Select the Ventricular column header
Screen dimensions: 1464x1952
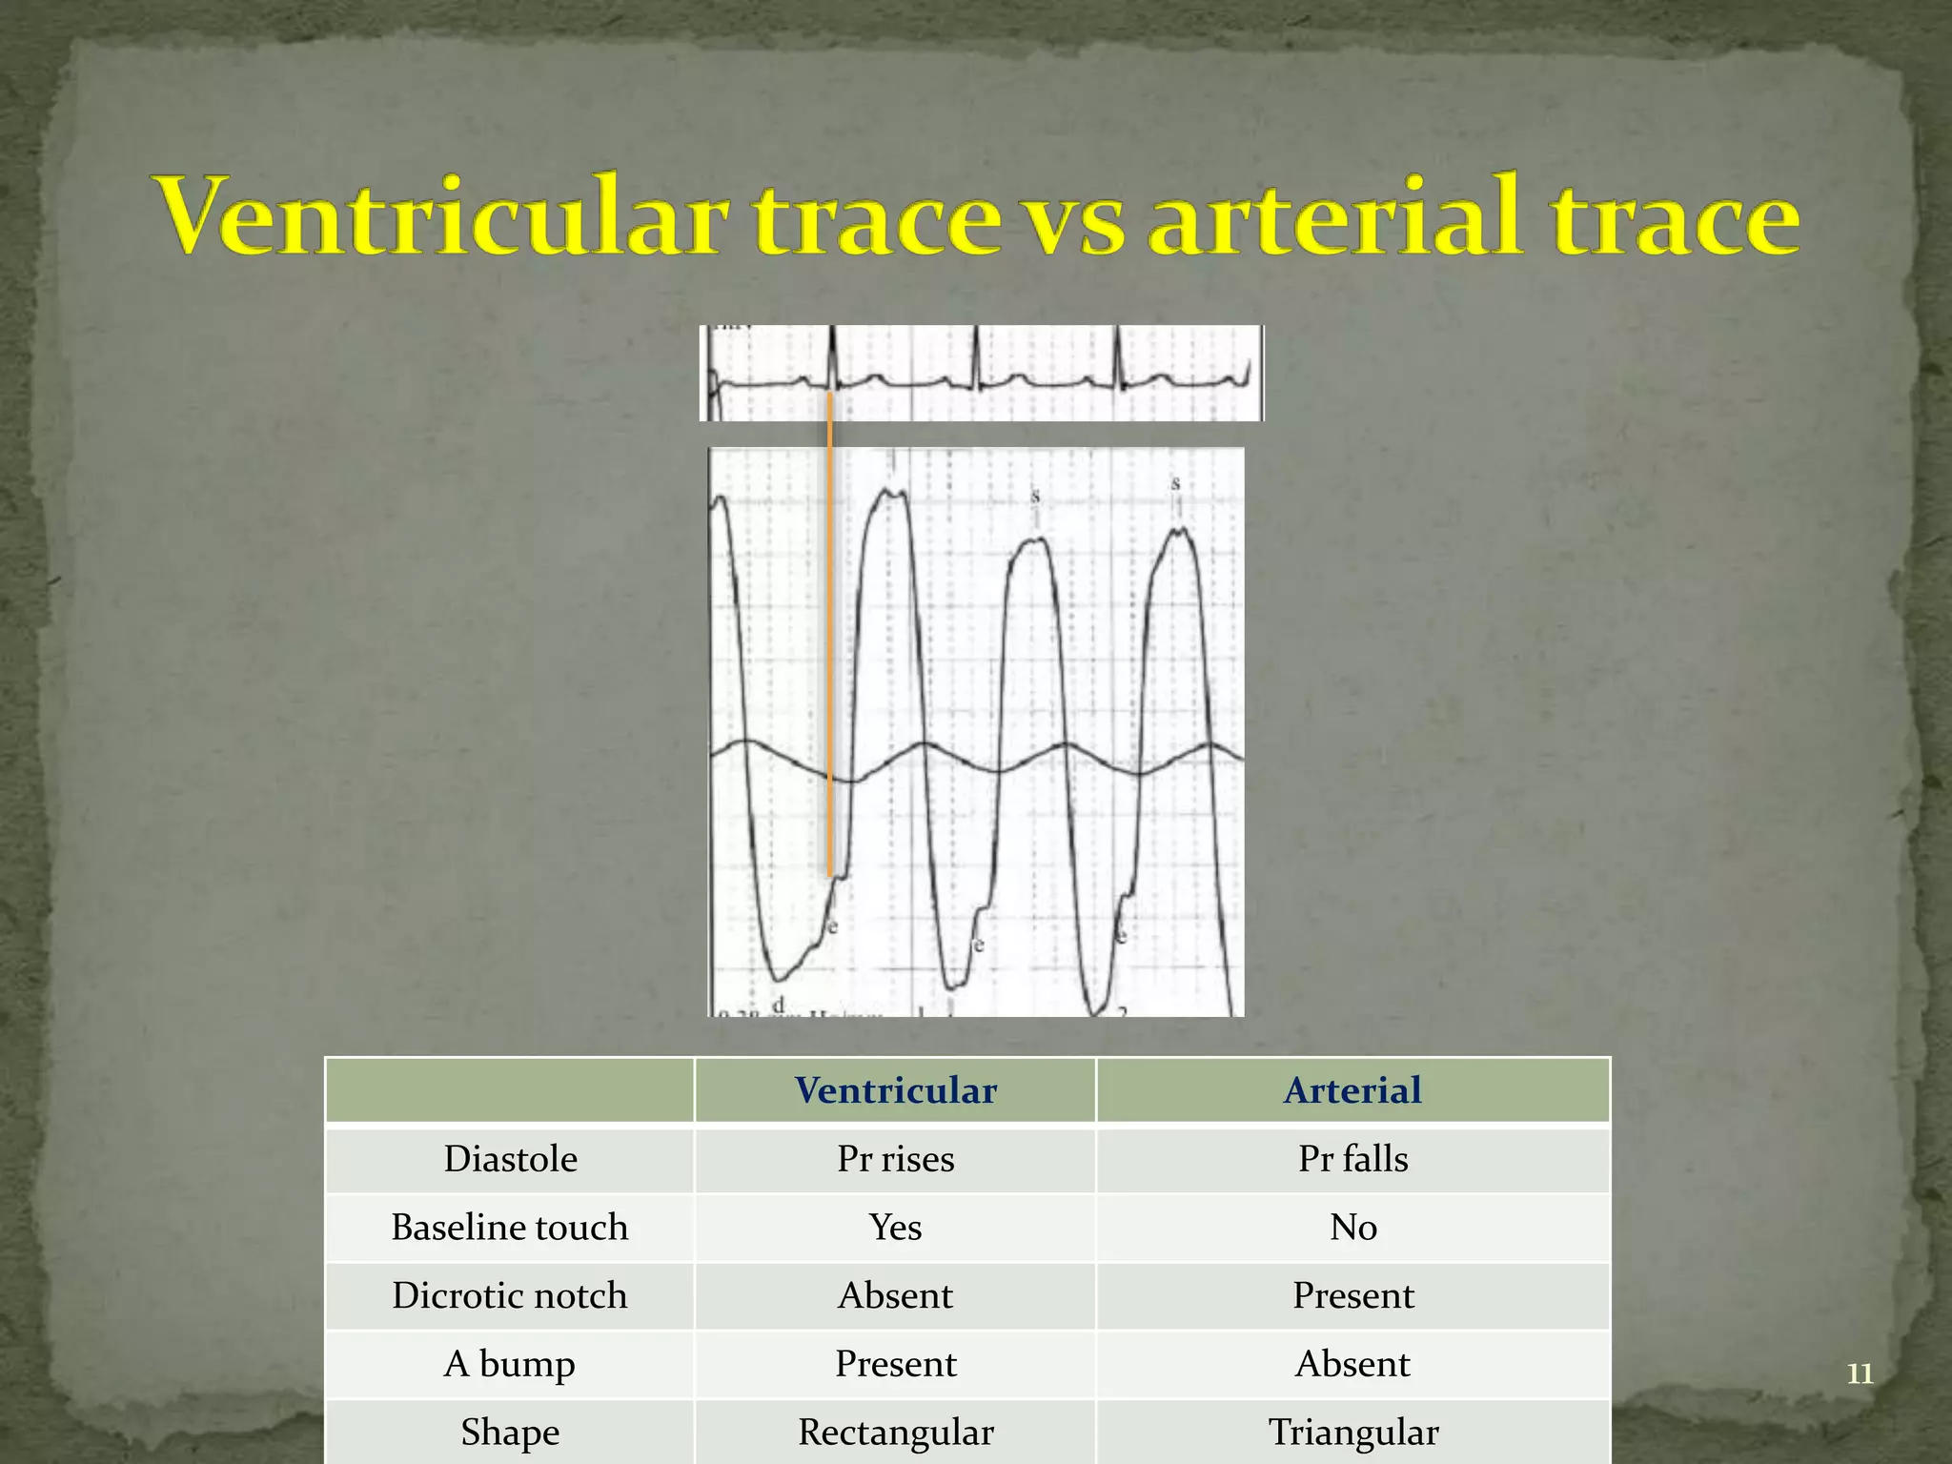coord(895,1090)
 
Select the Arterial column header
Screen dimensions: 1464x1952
coord(1352,1090)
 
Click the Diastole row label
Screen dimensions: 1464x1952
coord(510,1159)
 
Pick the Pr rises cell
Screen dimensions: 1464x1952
coord(895,1159)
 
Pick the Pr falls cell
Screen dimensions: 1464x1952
coord(1352,1159)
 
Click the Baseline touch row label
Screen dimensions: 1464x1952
coord(510,1228)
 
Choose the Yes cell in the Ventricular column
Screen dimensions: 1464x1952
coord(895,1228)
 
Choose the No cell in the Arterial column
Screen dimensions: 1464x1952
coord(1352,1228)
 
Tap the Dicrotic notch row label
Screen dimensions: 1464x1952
coord(510,1296)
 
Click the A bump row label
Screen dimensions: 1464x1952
coord(510,1364)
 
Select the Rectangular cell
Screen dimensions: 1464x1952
coord(895,1433)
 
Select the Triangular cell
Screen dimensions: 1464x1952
coord(1352,1433)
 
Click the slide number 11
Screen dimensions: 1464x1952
coord(1860,1373)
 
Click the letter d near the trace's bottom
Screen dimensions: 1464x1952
coord(779,1005)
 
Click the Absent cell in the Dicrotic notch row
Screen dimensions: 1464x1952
coord(895,1296)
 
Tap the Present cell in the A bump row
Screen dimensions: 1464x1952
coord(895,1364)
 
